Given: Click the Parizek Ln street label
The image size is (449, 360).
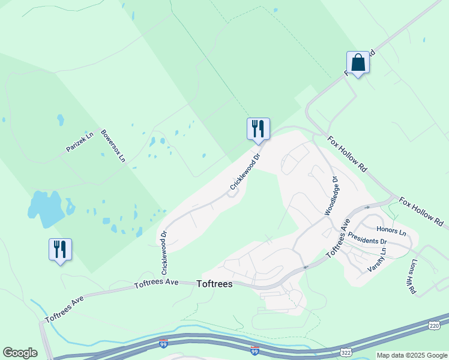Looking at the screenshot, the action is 80,142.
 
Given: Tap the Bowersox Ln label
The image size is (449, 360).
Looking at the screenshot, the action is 113,146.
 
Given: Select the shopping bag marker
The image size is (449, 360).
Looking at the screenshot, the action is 358,62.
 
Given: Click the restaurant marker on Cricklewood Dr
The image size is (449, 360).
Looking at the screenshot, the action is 258,128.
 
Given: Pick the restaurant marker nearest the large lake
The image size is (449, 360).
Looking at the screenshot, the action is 60,249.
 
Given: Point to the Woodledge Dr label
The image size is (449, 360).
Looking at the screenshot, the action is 331,196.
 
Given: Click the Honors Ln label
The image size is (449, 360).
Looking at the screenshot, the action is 391,230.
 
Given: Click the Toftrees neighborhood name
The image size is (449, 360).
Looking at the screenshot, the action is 214,284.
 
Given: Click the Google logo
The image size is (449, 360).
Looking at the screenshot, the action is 20,352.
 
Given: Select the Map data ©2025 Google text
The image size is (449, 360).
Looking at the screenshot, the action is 411,355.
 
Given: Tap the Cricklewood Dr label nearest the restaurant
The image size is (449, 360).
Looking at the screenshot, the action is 246,173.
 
